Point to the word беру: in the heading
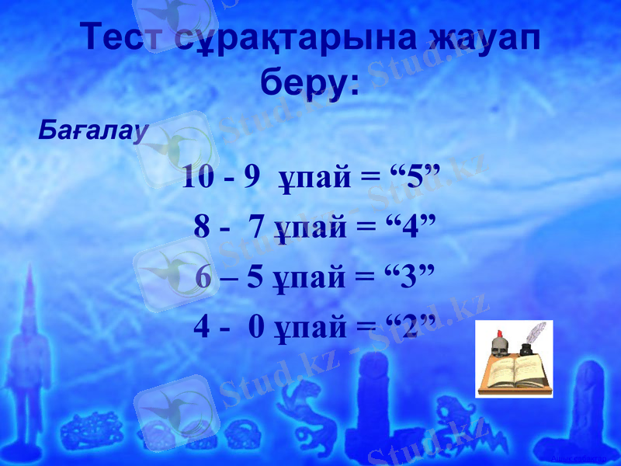coord(310,81)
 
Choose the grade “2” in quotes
coord(406,327)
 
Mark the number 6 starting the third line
coord(203,276)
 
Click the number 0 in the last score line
coord(257,327)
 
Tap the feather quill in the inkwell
coord(536,333)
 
